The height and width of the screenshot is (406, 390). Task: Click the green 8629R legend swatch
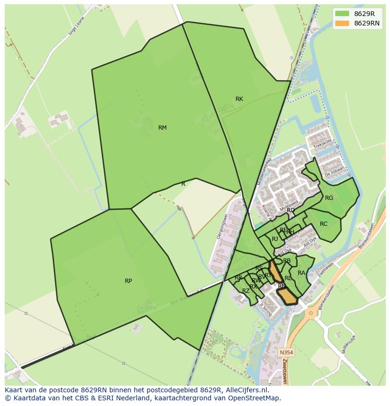click(342, 14)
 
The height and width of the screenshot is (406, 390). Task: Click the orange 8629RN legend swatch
click(342, 23)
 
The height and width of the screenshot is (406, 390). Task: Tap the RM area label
click(162, 128)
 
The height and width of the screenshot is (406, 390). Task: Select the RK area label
click(239, 99)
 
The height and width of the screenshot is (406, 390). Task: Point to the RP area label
click(128, 281)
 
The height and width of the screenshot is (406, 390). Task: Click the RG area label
click(329, 198)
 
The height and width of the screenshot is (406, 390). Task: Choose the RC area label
click(324, 224)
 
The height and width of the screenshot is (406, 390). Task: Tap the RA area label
click(301, 273)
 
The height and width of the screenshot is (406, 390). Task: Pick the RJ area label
click(275, 239)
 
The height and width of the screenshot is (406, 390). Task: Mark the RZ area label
click(245, 291)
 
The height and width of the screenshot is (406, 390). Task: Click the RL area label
click(288, 278)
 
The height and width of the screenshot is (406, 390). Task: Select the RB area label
click(287, 261)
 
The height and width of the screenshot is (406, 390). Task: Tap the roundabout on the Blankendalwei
click(311, 312)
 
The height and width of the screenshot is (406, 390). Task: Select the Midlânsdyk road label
click(350, 343)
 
